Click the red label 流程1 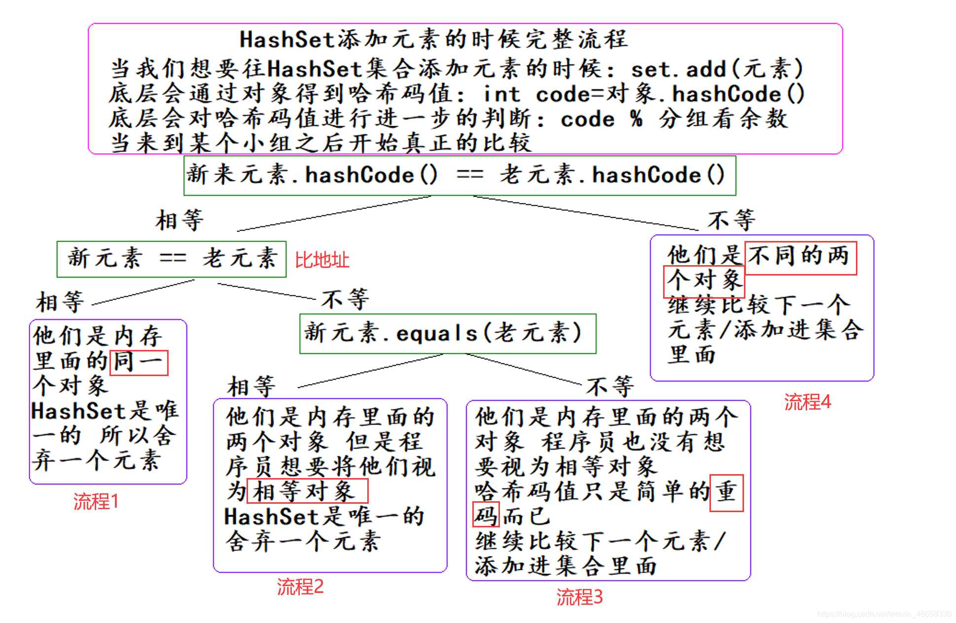(96, 502)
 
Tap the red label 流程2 (300, 587)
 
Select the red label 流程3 (579, 597)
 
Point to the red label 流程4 (807, 402)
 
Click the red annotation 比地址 (322, 260)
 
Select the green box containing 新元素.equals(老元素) (448, 334)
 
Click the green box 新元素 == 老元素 (171, 259)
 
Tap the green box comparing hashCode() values (460, 175)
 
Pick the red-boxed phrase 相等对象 (307, 491)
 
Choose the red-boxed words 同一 (139, 363)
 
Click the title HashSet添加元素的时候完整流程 (434, 39)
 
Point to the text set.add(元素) (717, 69)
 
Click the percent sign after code (637, 119)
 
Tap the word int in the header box (501, 94)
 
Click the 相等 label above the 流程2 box (251, 386)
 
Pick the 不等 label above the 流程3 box (610, 386)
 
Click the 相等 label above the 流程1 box (60, 302)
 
